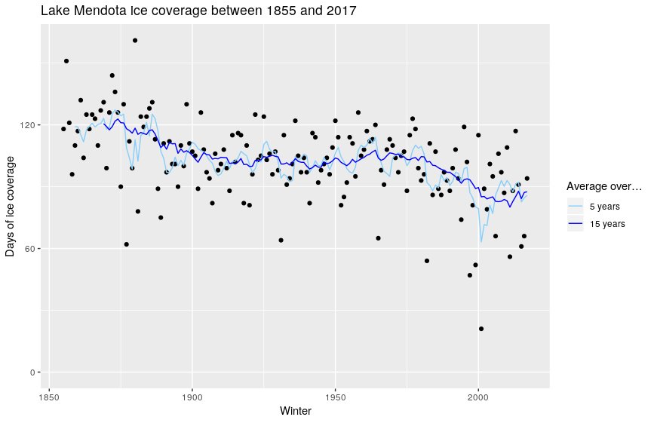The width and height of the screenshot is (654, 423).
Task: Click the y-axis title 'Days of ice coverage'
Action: (x=11, y=206)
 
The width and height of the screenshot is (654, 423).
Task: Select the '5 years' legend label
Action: (x=606, y=207)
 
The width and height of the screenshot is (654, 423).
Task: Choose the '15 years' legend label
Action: (x=608, y=224)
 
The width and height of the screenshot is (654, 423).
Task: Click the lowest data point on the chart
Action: (x=481, y=329)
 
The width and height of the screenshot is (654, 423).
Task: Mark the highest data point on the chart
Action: (x=135, y=41)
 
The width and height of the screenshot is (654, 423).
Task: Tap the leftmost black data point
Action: (x=63, y=129)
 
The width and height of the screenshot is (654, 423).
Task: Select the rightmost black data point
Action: (x=527, y=179)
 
